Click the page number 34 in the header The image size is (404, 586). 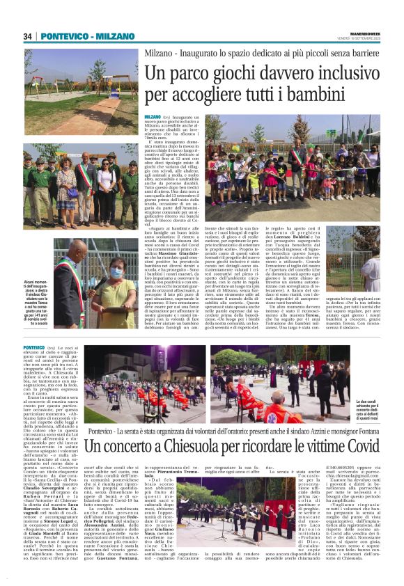29,36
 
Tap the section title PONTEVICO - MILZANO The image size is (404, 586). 77,36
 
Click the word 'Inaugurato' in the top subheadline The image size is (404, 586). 197,52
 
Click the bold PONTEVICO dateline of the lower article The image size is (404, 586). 34,346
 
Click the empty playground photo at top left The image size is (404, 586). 81,82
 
